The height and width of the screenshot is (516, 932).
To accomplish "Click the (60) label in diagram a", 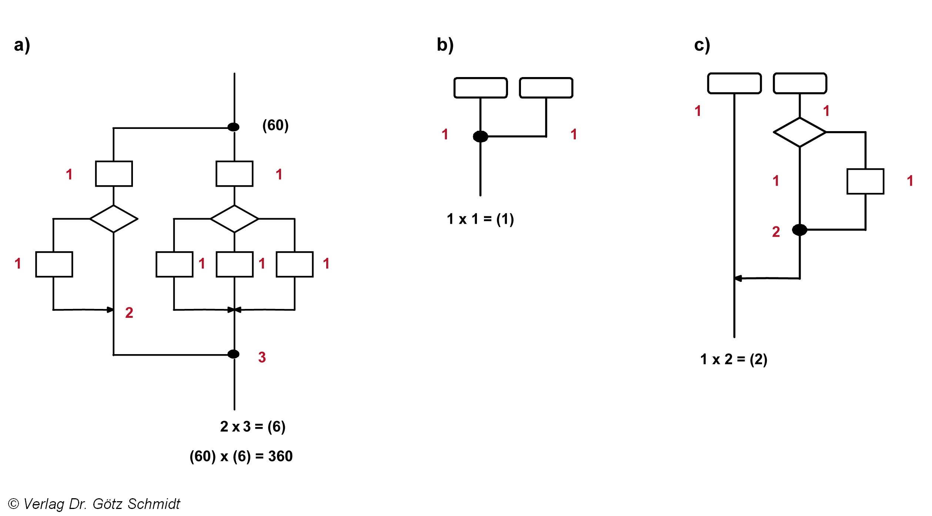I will coord(275,125).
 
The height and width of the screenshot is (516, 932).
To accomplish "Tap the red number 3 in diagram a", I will coord(262,357).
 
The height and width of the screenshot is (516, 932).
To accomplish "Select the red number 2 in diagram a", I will coord(129,313).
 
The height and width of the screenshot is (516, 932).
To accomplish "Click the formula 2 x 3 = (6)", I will coord(253,426).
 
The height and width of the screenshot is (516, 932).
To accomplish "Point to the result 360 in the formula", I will coord(280,456).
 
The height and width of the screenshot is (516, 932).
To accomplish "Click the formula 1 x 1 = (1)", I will coord(480,219).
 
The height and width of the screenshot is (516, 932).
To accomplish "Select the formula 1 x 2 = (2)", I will coord(734,359).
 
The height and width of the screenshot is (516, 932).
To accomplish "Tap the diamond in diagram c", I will coord(800,132).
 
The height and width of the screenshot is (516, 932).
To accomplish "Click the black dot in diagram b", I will coord(480,136).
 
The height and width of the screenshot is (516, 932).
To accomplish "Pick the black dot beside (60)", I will coord(233,127).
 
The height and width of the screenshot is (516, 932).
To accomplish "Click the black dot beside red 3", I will coord(233,354).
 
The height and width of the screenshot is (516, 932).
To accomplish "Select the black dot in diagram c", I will coord(799,230).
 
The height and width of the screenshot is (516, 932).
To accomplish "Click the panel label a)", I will coord(22,45).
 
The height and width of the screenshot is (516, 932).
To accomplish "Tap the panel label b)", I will coord(445,45).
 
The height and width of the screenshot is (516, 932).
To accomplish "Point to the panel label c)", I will coord(702,45).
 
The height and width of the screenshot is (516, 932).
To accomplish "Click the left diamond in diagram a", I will coord(114,219).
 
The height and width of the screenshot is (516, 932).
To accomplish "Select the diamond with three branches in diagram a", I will coord(234,219).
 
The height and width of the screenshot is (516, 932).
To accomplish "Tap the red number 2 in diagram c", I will coord(776,232).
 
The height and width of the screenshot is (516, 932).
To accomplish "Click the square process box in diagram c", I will coord(865,182).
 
